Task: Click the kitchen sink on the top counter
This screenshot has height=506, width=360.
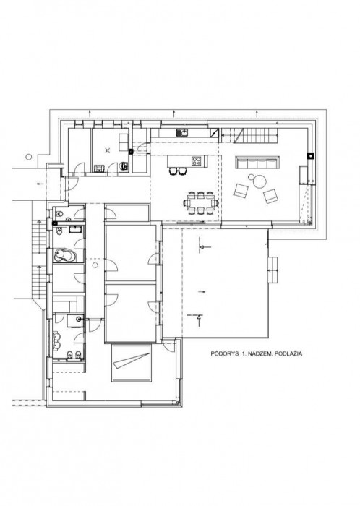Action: pyautogui.click(x=184, y=133)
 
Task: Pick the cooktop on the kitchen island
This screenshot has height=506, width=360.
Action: pyautogui.click(x=195, y=160)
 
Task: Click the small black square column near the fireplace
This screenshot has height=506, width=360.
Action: pyautogui.click(x=310, y=155)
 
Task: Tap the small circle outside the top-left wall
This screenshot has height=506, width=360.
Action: pyautogui.click(x=28, y=154)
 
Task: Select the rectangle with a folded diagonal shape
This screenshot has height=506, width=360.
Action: pyautogui.click(x=132, y=361)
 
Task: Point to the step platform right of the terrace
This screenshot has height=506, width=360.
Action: pyautogui.click(x=273, y=270)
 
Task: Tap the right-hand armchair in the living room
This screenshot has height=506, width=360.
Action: pyautogui.click(x=272, y=195)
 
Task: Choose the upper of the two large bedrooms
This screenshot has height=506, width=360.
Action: pyautogui.click(x=130, y=252)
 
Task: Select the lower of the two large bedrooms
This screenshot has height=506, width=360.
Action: pyautogui.click(x=130, y=312)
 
